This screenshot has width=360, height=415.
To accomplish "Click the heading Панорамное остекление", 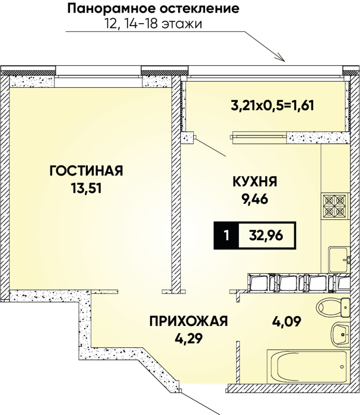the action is point(153,9).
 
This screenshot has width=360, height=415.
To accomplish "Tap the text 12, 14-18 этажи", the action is point(154,24).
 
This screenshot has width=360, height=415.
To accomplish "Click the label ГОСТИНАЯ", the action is point(87,171).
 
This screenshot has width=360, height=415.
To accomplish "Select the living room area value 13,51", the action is point(87,189).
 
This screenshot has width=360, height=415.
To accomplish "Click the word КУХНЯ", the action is point(255,181).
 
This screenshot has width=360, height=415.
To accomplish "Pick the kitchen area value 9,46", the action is point(255,199).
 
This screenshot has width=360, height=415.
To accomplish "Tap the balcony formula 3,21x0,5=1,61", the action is point(273,106).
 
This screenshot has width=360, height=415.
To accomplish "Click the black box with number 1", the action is point(226,235).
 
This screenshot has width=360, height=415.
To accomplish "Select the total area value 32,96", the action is point(266,235).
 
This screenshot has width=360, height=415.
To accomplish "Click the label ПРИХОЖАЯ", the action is point(189,321).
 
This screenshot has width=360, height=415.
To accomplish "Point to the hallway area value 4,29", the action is point(189,339).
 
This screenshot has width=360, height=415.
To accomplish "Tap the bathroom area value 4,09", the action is point(287,321).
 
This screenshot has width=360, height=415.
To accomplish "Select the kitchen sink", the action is point(339,259).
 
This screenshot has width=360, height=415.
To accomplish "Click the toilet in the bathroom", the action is point(333,308).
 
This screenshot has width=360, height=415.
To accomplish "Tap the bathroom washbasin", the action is point(341,334).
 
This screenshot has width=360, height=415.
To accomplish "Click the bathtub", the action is point(308,366).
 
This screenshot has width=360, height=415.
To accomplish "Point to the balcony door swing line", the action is point(211,147).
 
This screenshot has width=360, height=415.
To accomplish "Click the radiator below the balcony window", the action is point(259,138).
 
